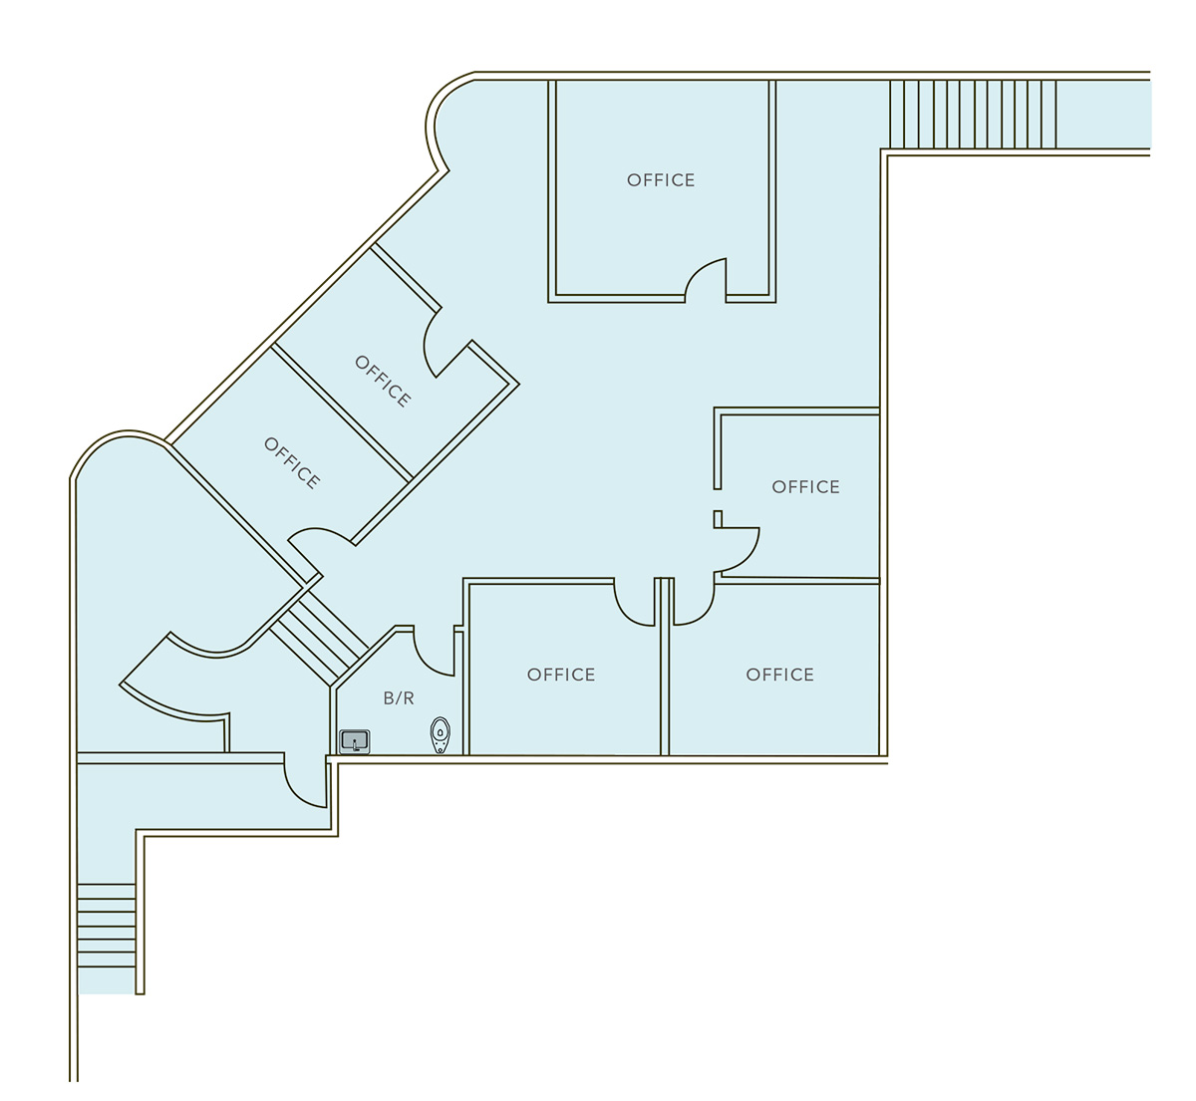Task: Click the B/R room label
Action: [399, 698]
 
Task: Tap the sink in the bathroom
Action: [355, 741]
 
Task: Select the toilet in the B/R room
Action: [440, 735]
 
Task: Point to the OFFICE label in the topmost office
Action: [661, 180]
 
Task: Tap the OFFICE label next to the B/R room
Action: [561, 675]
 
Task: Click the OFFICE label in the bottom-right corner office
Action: [779, 675]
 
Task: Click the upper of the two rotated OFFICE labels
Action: [382, 382]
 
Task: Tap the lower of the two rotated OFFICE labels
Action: [292, 463]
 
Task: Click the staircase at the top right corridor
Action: [973, 115]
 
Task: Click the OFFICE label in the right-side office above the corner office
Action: [805, 487]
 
